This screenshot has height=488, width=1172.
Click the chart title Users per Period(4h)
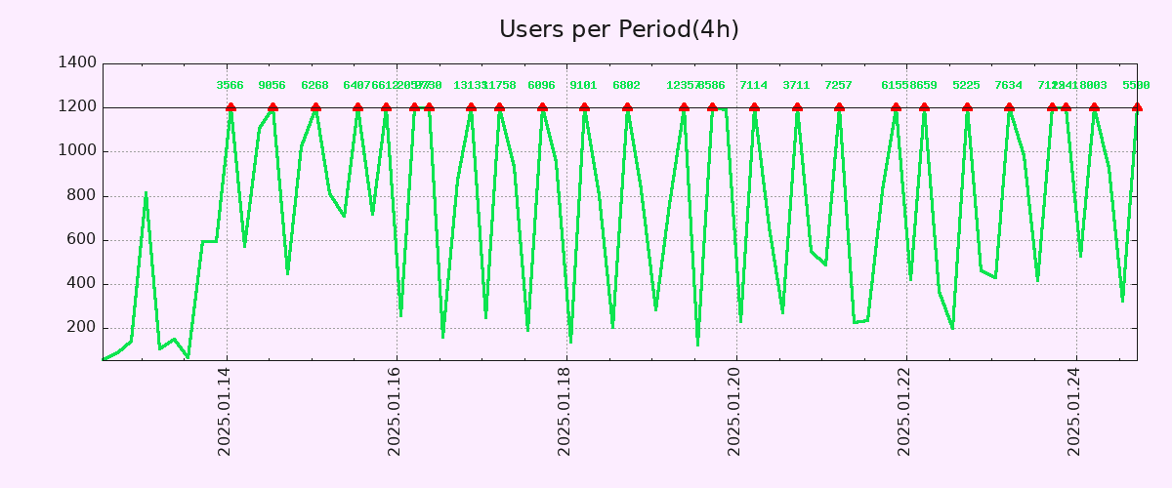point(618,29)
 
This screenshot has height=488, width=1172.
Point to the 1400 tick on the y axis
point(78,63)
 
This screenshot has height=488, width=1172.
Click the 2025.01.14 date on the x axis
point(226,411)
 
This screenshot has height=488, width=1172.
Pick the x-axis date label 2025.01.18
point(565,411)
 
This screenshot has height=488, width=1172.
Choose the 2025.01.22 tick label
point(905,411)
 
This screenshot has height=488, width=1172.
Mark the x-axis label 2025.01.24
point(1075,411)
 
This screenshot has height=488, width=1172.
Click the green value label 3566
point(230,86)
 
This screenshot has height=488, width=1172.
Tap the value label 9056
point(272,86)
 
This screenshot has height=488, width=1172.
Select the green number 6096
point(541,86)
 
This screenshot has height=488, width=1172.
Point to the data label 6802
point(627,86)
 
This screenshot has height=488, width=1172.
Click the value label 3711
point(796,86)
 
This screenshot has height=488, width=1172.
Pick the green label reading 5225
point(966,86)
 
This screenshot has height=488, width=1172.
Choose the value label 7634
point(1009,86)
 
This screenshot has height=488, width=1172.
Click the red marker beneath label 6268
point(315,107)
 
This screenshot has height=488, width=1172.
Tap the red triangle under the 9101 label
point(584,107)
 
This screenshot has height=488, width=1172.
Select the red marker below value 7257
point(839,107)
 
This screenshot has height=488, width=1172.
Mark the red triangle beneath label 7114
point(754,107)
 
